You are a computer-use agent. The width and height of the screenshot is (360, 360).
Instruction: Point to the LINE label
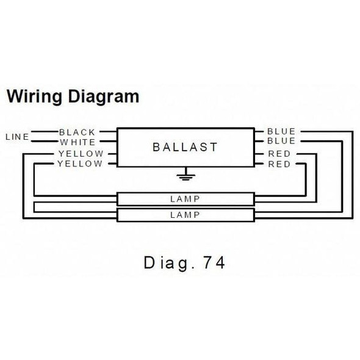[16, 137]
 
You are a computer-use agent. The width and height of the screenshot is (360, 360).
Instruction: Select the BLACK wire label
[77, 131]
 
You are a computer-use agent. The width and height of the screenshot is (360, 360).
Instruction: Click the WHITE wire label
[77, 142]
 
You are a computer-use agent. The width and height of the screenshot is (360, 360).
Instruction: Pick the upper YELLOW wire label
[81, 154]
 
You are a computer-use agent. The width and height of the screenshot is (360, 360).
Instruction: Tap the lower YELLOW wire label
[81, 164]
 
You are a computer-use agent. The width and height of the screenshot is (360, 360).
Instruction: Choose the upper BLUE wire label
[281, 131]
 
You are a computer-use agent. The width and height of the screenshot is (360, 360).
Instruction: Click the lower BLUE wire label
[281, 142]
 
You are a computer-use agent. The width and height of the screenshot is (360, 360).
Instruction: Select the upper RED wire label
[279, 154]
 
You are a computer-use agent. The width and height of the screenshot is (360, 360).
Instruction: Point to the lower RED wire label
[279, 164]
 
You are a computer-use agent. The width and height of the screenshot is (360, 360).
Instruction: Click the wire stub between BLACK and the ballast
[108, 131]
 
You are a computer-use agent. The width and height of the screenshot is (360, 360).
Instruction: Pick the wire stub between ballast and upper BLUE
[257, 131]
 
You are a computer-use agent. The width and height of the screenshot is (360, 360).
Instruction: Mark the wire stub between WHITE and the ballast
[108, 142]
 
